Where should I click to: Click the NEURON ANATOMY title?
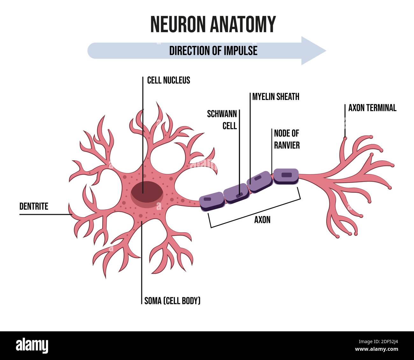(x=213, y=24)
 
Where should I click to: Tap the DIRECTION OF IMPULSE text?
(x=213, y=51)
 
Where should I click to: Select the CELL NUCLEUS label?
(x=168, y=80)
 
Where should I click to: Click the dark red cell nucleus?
(x=147, y=192)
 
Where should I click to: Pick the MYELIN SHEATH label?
(x=276, y=97)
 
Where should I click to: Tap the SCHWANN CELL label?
(x=222, y=120)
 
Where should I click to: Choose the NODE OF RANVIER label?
(x=287, y=139)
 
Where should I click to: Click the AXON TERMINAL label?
(x=372, y=108)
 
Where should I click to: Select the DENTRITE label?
(x=34, y=206)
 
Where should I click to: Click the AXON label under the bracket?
(x=262, y=220)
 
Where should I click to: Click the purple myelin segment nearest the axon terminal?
(x=286, y=176)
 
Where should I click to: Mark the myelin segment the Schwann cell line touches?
(x=236, y=193)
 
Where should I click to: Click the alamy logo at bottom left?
(x=32, y=345)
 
